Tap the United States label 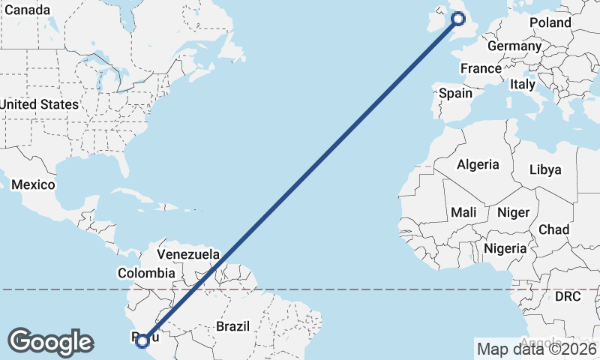click(40, 104)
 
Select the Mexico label click(33, 184)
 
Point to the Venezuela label click(187, 254)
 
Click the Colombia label click(145, 274)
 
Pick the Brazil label click(232, 326)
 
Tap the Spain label click(455, 93)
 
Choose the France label click(481, 68)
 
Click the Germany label click(514, 46)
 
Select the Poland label click(550, 22)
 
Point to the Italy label click(523, 85)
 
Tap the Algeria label click(478, 164)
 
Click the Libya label click(545, 169)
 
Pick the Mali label click(463, 213)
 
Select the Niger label click(513, 213)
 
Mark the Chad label click(553, 229)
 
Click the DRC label click(568, 297)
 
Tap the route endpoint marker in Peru click(142, 341)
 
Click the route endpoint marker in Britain click(460, 18)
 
